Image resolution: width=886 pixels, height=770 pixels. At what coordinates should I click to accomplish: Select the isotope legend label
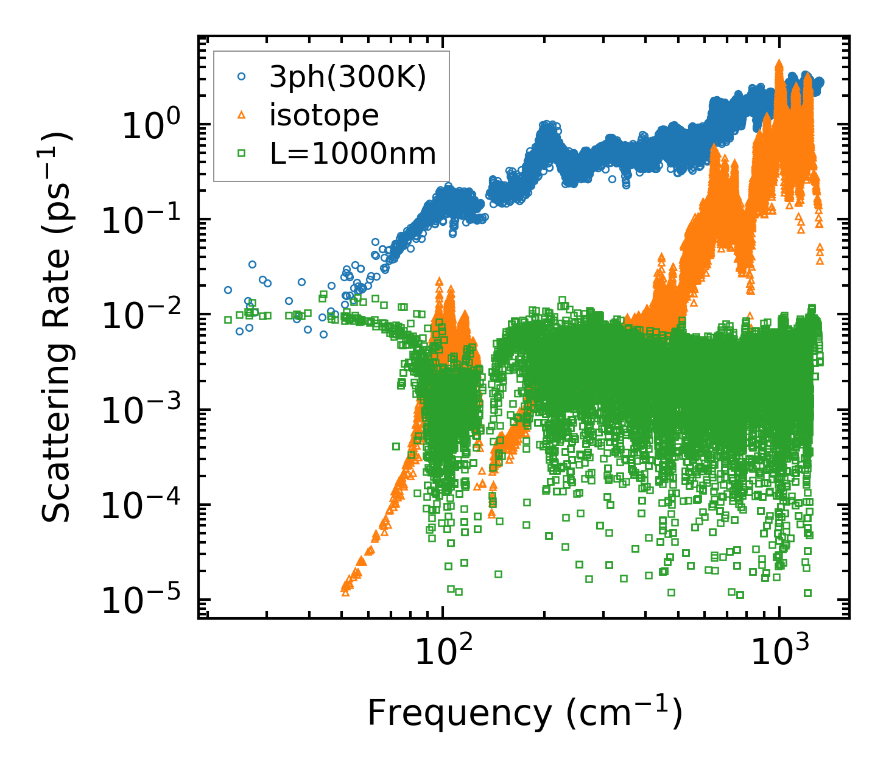pyautogui.click(x=324, y=115)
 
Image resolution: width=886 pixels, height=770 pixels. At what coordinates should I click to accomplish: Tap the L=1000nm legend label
pyautogui.click(x=353, y=153)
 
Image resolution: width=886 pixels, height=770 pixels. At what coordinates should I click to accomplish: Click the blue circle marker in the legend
pyautogui.click(x=242, y=77)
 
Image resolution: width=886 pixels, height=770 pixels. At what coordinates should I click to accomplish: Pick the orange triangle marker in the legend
pyautogui.click(x=242, y=115)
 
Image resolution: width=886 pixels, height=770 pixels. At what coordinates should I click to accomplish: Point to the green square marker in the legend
pyautogui.click(x=242, y=153)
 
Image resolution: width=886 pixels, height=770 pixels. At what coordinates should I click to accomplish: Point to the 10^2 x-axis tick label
pyautogui.click(x=445, y=653)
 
